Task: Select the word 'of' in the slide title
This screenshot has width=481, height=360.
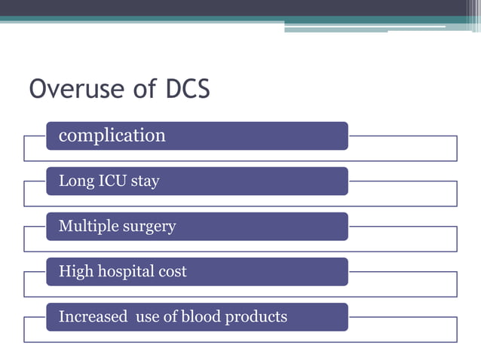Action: click(x=135, y=90)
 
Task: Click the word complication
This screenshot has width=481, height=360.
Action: click(x=112, y=136)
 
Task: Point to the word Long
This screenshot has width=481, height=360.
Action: click(x=75, y=182)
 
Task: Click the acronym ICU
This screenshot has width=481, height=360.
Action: click(x=112, y=181)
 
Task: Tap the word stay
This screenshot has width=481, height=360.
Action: click(x=146, y=182)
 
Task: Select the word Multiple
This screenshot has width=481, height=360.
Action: click(x=87, y=227)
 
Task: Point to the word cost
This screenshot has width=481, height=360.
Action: click(x=173, y=272)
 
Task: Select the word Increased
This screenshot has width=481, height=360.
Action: click(x=93, y=316)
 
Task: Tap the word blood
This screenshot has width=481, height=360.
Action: click(x=200, y=316)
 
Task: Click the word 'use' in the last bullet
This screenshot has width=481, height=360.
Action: click(x=148, y=317)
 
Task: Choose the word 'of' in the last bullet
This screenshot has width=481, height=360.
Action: click(x=171, y=316)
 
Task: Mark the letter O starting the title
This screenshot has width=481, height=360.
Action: click(x=38, y=90)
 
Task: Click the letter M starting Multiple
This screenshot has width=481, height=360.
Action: click(x=65, y=227)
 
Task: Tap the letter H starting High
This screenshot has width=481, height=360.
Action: click(x=64, y=272)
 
